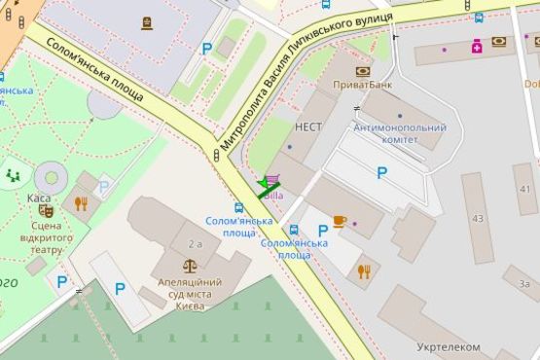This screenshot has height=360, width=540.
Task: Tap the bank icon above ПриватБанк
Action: [x=363, y=71]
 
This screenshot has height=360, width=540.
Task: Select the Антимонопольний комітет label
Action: [x=386, y=133]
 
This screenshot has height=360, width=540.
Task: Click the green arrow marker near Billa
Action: [x=269, y=185]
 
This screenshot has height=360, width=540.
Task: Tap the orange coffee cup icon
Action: [x=339, y=221]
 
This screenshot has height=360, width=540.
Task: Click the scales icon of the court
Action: [x=189, y=266]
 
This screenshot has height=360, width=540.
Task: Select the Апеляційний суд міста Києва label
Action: [x=187, y=288]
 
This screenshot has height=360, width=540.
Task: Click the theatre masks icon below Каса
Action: [x=45, y=211]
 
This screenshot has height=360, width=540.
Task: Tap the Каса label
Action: [x=39, y=198]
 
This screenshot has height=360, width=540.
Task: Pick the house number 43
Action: [x=477, y=218]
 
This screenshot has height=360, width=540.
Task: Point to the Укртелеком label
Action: [x=449, y=346]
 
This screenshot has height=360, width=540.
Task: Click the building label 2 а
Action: [x=196, y=244]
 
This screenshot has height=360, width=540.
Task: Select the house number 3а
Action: [x=524, y=284]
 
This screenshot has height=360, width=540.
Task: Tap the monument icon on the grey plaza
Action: [x=146, y=22]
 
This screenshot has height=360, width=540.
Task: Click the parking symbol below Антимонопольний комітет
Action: [x=381, y=173]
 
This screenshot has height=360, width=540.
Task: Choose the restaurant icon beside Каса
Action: [x=80, y=203]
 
